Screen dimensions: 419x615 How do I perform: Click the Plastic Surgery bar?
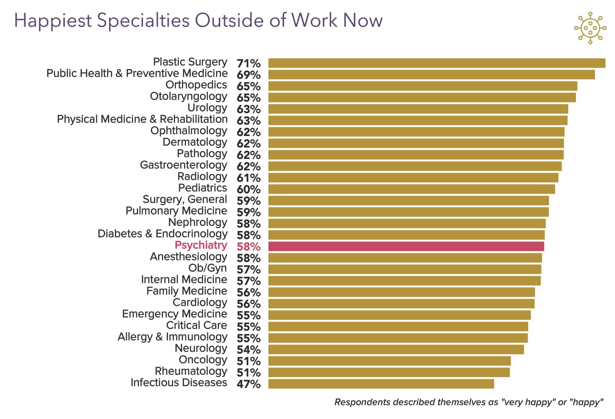click(x=436, y=63)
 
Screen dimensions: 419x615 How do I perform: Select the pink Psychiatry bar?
click(x=406, y=246)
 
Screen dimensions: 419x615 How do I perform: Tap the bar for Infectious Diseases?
click(x=381, y=384)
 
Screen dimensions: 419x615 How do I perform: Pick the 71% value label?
click(x=248, y=63)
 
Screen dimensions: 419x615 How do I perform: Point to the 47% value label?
click(x=248, y=384)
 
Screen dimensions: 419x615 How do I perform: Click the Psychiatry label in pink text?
click(x=201, y=245)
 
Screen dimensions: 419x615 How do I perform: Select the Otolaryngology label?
click(x=188, y=96)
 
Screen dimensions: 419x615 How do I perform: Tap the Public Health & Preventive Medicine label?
click(x=137, y=73)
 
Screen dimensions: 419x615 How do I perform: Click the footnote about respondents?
click(x=469, y=402)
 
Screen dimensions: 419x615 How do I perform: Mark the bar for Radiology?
click(x=413, y=178)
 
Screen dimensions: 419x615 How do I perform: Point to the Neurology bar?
click(x=396, y=349)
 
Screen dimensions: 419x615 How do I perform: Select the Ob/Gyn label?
click(x=208, y=268)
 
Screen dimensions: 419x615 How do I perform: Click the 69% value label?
click(x=248, y=75)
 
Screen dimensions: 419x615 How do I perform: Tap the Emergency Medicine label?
click(x=174, y=314)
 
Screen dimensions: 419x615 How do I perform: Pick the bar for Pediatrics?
click(x=411, y=189)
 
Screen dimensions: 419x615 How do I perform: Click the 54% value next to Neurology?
click(x=248, y=350)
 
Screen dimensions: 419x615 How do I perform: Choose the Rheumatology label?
click(x=191, y=371)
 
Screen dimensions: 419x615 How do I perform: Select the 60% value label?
click(x=248, y=189)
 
